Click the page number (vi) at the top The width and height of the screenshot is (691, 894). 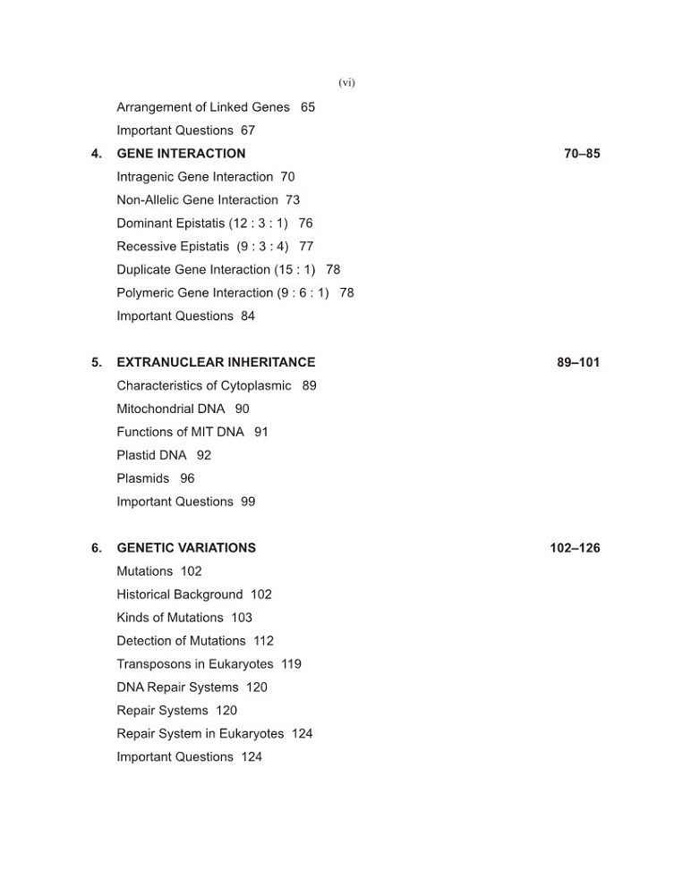pos(346,83)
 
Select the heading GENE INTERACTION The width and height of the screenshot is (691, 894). pos(181,154)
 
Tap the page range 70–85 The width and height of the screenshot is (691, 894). pos(582,154)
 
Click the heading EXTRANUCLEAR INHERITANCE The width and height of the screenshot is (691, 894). pos(216,363)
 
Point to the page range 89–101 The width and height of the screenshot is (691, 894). pos(578,363)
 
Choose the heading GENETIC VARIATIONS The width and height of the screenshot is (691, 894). pos(186,548)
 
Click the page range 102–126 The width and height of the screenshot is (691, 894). pos(575,548)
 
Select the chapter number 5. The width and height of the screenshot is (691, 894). pos(96,363)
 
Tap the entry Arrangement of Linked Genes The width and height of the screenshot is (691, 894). pos(203,107)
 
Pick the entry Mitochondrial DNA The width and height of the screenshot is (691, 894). pos(171,409)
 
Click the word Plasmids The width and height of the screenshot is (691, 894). pos(143,479)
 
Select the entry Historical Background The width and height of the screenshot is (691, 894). pos(180,595)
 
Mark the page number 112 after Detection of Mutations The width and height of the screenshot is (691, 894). pos(263,641)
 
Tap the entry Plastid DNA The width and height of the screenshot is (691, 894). pos(152,456)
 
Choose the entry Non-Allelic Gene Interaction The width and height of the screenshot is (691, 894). pos(197,200)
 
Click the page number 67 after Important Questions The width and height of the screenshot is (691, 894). pos(248,131)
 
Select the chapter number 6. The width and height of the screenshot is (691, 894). pos(96,548)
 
